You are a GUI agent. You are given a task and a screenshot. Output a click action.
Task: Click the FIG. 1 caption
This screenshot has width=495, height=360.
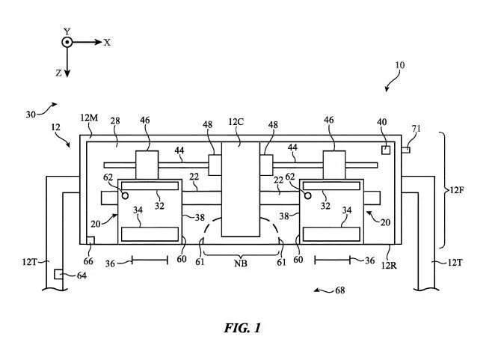(242, 328)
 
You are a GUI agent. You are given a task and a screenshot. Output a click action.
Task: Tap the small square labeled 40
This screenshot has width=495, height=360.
(386, 150)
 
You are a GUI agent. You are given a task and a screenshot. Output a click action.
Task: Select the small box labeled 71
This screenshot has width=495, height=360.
(406, 150)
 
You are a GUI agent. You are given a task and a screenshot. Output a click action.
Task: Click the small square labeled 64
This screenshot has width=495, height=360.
(58, 274)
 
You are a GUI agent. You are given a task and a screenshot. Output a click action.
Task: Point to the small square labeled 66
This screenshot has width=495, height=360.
(90, 240)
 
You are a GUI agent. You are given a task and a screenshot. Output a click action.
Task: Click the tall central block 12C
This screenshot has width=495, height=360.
(241, 189)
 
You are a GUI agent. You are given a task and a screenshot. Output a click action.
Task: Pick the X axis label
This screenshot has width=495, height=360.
(107, 43)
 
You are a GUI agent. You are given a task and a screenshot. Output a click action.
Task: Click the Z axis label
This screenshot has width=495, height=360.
(58, 73)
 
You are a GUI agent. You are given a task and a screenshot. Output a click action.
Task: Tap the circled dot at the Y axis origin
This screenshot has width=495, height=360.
(67, 42)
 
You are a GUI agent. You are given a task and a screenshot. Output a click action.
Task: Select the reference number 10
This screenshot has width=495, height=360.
(399, 65)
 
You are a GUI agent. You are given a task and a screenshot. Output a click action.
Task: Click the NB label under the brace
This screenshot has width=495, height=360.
(241, 263)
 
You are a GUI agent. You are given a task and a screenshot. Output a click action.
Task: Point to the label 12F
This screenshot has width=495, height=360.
(456, 190)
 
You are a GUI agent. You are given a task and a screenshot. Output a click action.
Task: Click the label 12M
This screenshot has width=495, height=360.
(89, 118)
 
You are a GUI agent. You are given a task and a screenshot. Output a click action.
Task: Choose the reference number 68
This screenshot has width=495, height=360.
(339, 290)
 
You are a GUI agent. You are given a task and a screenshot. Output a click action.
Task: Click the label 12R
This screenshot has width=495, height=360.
(389, 266)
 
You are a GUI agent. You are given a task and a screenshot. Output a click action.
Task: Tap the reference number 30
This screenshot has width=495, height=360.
(31, 115)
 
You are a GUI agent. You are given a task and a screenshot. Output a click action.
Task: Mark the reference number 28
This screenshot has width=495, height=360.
(115, 120)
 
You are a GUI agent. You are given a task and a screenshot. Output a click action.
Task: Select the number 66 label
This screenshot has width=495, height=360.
(88, 261)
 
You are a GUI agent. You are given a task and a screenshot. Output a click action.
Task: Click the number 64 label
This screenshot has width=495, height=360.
(82, 275)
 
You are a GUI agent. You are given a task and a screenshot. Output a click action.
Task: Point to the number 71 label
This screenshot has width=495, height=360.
(416, 129)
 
